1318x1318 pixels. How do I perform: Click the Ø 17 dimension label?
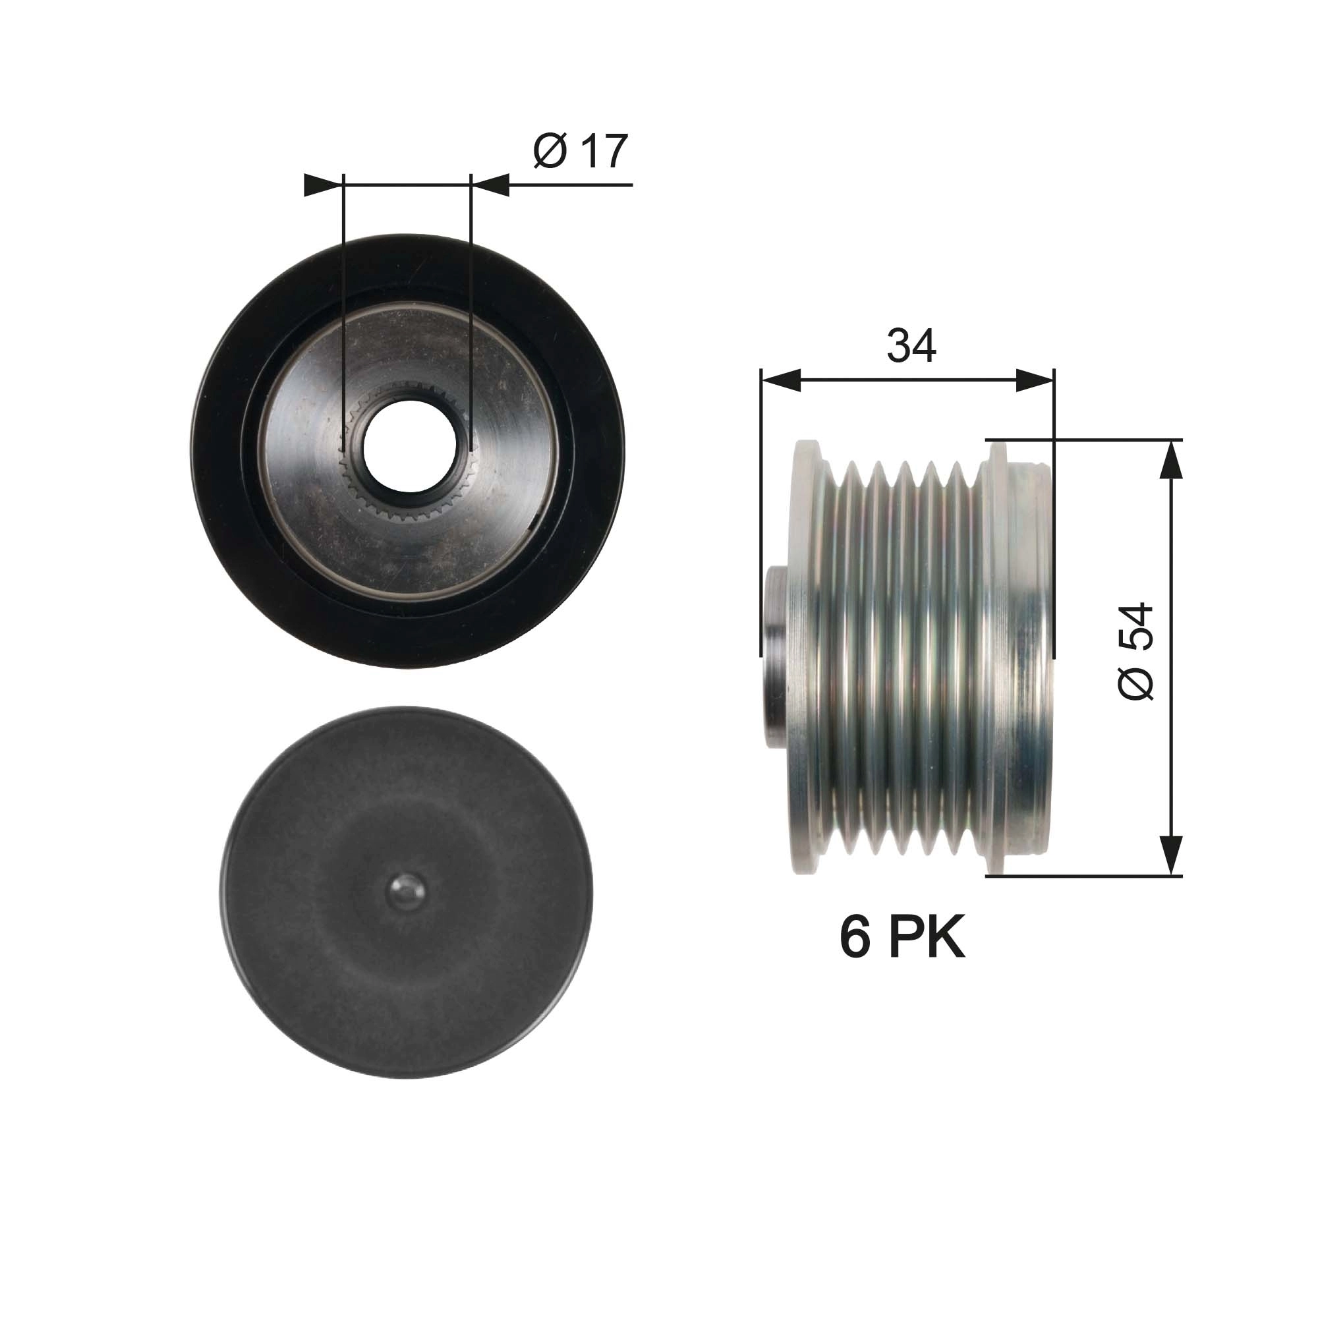580,152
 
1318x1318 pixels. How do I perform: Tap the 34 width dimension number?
911,346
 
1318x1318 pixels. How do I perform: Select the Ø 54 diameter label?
1136,652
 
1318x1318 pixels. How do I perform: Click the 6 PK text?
902,938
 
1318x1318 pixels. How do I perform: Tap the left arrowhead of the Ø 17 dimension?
322,185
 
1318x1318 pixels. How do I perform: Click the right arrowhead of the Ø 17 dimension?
490,185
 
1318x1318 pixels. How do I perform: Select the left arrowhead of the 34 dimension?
780,381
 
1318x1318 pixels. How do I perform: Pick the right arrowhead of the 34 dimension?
1035,381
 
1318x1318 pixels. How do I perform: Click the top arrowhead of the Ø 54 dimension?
1170,461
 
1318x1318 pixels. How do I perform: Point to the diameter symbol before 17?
550,152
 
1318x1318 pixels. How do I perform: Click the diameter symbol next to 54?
1136,681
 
